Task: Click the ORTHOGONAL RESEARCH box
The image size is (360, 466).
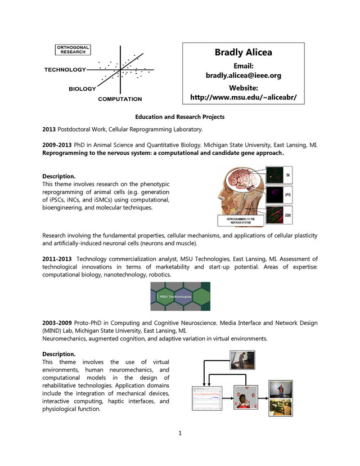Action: click(x=74, y=50)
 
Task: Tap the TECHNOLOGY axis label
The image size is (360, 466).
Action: click(x=65, y=70)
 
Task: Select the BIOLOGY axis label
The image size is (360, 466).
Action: click(x=82, y=89)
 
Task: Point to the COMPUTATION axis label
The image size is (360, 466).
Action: click(x=120, y=99)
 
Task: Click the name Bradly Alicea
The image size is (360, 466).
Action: click(x=243, y=52)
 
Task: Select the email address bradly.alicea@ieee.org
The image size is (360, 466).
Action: click(x=243, y=75)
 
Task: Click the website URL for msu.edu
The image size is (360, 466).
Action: click(x=243, y=97)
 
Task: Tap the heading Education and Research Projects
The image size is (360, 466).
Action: click(x=180, y=117)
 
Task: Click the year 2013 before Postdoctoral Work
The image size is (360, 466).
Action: click(x=50, y=129)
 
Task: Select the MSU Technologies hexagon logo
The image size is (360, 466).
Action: click(x=180, y=297)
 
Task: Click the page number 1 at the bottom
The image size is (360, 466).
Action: click(x=180, y=433)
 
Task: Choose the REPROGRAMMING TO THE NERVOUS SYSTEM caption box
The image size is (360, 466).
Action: click(x=240, y=221)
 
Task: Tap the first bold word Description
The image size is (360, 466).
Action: click(x=59, y=176)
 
